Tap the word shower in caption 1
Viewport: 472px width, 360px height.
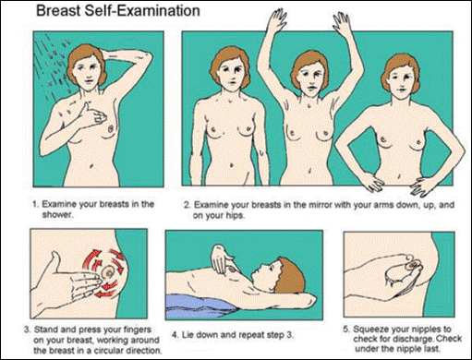[x=57, y=214]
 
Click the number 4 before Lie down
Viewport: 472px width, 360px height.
[x=175, y=335]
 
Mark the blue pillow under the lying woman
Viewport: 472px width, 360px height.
[x=202, y=307]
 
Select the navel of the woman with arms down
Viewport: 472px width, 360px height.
[x=232, y=165]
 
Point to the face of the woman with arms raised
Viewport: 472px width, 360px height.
[x=310, y=81]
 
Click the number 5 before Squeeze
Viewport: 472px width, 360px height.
[x=346, y=330]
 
